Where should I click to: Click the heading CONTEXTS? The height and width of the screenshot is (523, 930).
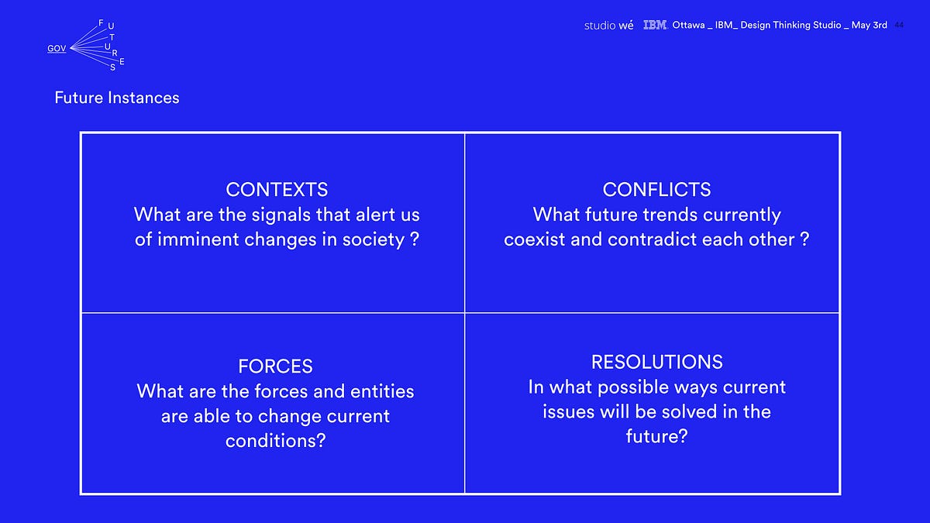tap(277, 190)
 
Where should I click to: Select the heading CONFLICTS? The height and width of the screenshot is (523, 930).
tap(656, 190)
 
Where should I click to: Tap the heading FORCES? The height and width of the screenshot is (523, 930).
tap(275, 366)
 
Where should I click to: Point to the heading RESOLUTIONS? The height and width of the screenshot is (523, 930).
tap(657, 362)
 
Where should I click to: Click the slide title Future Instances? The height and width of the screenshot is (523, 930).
tap(117, 98)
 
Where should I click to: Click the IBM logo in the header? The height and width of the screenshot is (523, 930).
tap(655, 25)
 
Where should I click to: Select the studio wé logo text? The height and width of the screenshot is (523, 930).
tap(608, 26)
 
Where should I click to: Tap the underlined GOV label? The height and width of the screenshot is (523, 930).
tap(57, 49)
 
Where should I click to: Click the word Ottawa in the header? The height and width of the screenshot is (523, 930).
tap(688, 25)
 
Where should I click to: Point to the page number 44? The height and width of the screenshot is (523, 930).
tap(899, 26)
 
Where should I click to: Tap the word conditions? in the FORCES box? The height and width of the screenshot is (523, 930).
tap(275, 441)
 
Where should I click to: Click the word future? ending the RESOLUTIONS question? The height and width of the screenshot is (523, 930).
tap(657, 436)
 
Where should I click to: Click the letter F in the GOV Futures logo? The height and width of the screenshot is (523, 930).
tap(101, 22)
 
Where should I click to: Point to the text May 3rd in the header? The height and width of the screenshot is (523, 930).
tap(869, 26)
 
